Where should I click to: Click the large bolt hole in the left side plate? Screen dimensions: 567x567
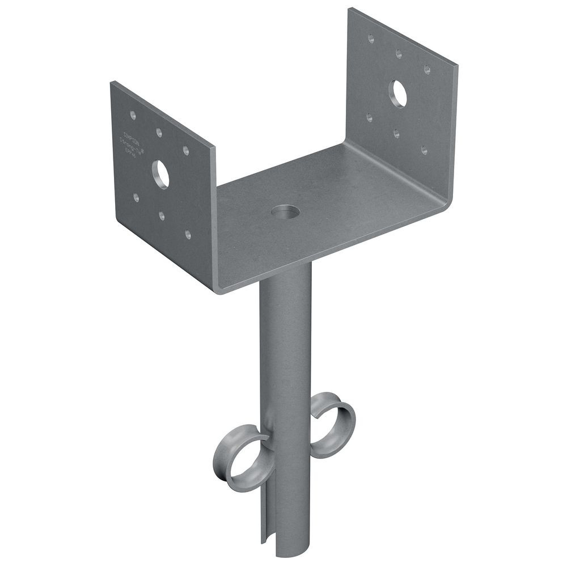tap(160, 174)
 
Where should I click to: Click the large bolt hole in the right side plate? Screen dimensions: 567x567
tap(399, 94)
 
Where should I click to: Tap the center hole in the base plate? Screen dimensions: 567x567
tap(285, 213)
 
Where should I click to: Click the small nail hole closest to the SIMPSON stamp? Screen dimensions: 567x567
tap(133, 115)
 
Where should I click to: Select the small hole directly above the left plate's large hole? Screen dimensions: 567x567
tap(159, 133)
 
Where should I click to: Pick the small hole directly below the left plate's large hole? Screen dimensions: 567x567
tap(162, 215)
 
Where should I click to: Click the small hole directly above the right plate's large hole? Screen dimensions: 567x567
tap(399, 53)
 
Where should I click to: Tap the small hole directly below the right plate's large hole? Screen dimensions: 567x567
tap(396, 134)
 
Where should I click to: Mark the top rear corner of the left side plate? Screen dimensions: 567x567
tap(112, 83)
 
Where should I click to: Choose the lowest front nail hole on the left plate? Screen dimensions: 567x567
tap(188, 234)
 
